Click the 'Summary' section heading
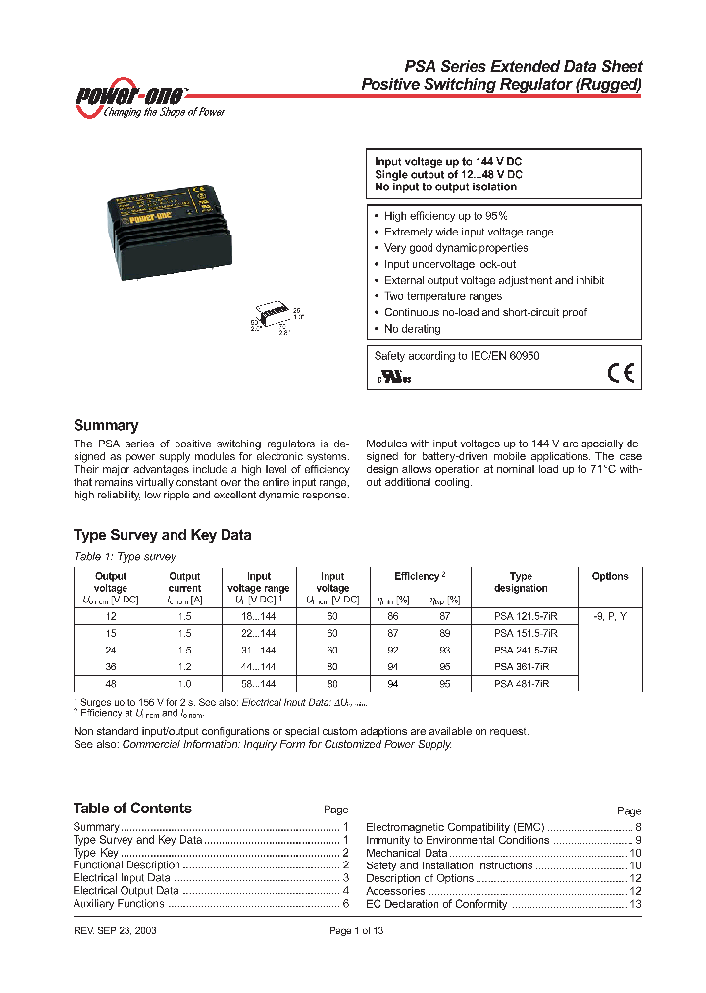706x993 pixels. coord(106,426)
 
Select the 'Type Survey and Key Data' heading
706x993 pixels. coord(162,535)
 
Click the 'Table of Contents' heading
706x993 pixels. coord(132,809)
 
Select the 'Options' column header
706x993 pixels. coord(610,576)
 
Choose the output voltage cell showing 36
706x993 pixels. coord(111,667)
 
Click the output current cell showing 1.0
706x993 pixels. coord(184,684)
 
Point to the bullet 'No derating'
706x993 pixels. coord(412,329)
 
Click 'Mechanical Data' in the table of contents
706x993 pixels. coord(407,854)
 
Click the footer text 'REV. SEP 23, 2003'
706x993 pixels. coord(115,930)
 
